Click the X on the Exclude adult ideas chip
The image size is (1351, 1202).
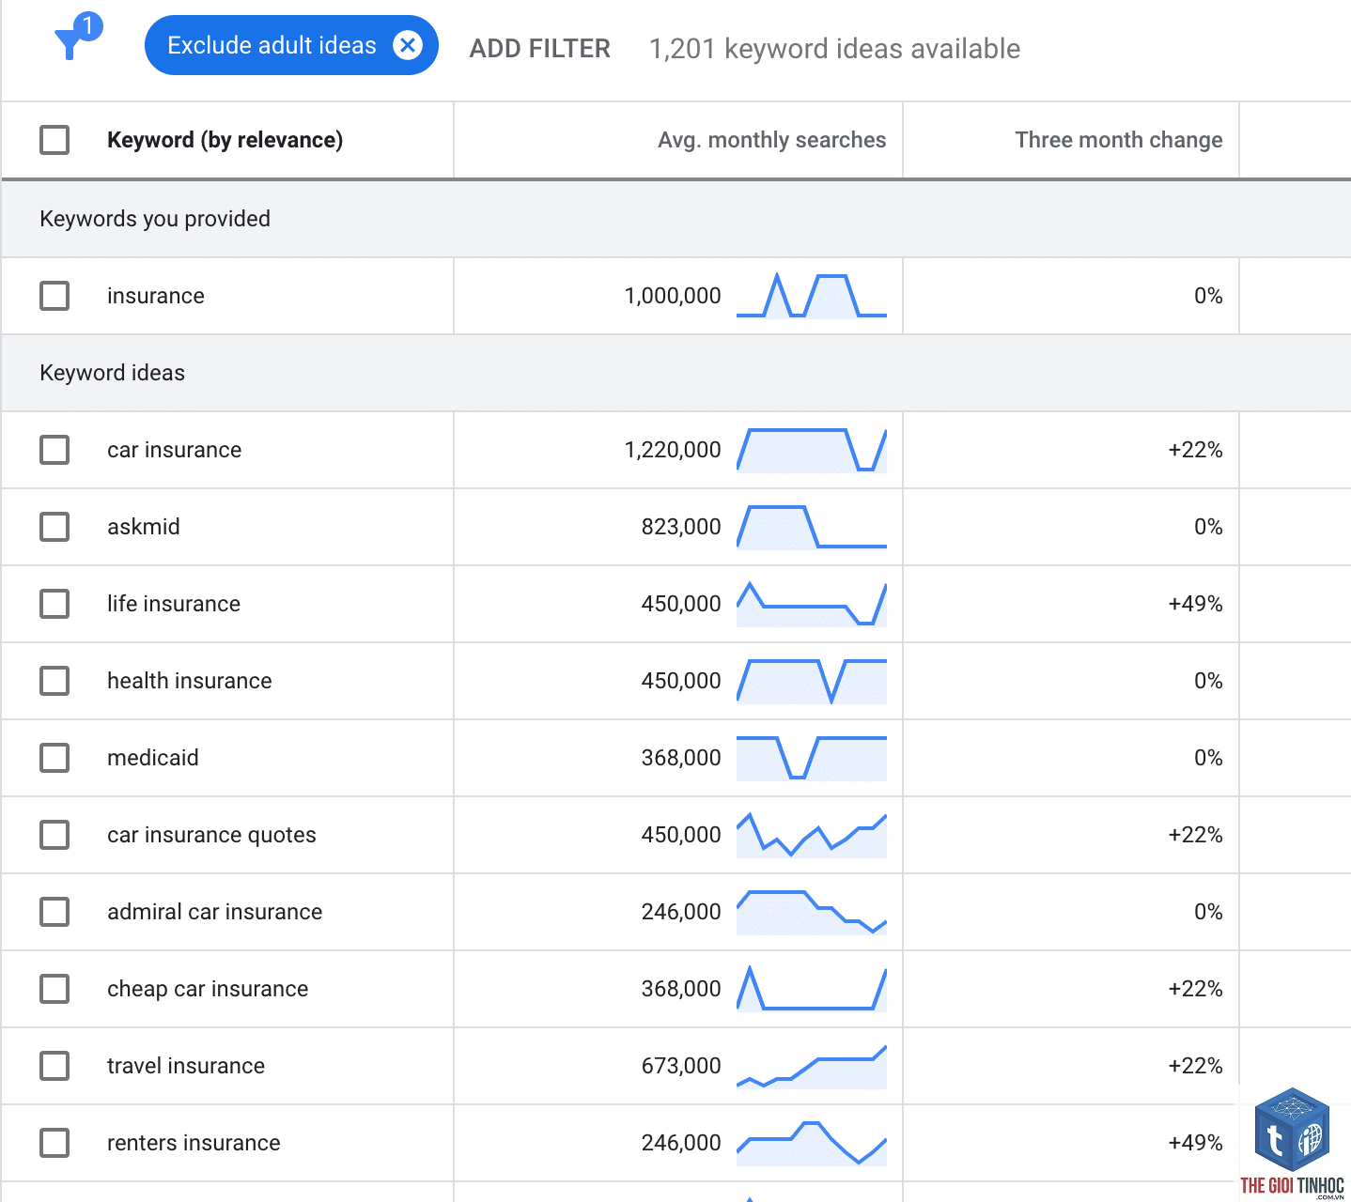(408, 45)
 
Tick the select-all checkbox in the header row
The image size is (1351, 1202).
(54, 140)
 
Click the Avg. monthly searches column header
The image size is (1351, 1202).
(771, 140)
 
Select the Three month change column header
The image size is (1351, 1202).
(1118, 140)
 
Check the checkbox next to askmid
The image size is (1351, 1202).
(54, 527)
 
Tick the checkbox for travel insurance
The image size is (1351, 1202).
(54, 1065)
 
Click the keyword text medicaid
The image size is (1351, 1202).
(153, 757)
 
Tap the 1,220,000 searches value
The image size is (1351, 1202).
(672, 450)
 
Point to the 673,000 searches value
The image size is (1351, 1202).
(681, 1065)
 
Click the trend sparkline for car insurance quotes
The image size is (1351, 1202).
(812, 835)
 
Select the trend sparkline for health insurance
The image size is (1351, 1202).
(812, 681)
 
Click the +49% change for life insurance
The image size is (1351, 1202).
(1195, 604)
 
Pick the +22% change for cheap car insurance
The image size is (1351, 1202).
(1195, 989)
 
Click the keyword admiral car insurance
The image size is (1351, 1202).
(215, 911)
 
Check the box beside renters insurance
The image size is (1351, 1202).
(54, 1143)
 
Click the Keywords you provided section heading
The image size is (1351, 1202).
(155, 219)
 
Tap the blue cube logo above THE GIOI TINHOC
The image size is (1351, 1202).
(1292, 1130)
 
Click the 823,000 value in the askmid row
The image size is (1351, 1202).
(681, 527)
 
